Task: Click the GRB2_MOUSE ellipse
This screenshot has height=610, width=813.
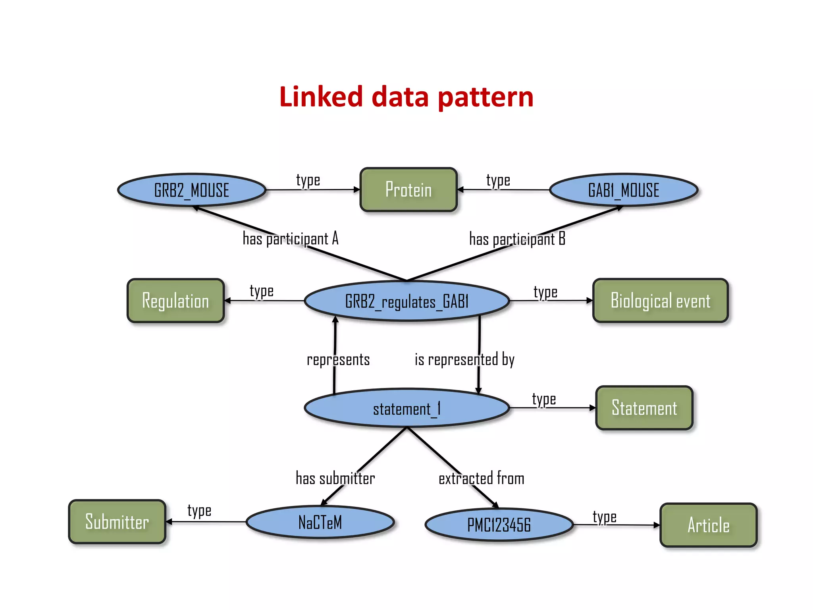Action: [x=192, y=190]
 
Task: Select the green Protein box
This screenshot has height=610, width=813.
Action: [x=408, y=189]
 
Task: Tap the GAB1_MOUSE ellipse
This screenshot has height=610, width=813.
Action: [x=623, y=190]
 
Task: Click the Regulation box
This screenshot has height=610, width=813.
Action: [x=175, y=301]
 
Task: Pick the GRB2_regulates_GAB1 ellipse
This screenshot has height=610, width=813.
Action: [x=406, y=301]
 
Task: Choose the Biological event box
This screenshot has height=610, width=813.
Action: [x=660, y=301]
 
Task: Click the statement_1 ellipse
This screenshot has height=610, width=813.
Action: [x=406, y=408]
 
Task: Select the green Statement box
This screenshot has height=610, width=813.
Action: [x=644, y=408]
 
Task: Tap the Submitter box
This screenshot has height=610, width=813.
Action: [x=117, y=521]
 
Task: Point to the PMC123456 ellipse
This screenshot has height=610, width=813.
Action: [x=499, y=525]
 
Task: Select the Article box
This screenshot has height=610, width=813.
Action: [x=708, y=525]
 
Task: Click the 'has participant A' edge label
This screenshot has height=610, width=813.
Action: [x=291, y=239]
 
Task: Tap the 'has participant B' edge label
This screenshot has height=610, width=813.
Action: [x=517, y=239]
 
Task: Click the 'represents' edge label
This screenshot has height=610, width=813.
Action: [x=338, y=360]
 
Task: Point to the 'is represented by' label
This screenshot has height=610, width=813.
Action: [x=464, y=360]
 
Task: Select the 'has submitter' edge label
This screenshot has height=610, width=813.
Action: [x=335, y=478]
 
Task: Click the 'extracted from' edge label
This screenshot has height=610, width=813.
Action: [x=481, y=478]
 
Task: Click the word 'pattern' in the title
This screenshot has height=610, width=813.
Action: [x=485, y=97]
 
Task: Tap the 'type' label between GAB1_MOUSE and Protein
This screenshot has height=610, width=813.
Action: [x=498, y=181]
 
